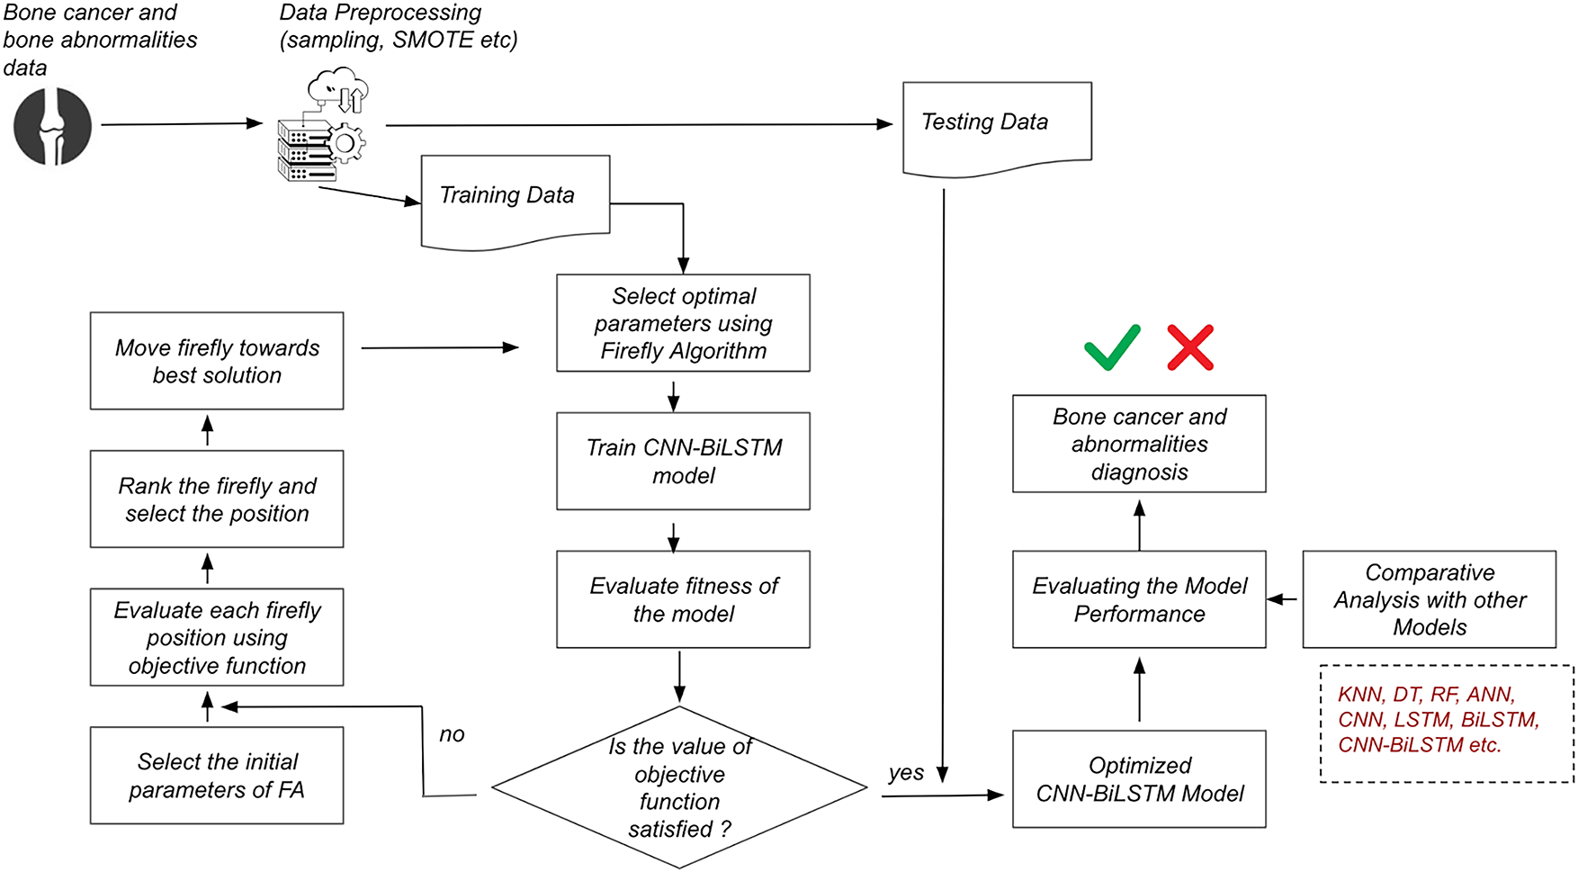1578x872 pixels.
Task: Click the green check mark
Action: (x=1112, y=347)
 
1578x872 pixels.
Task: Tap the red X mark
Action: (x=1190, y=347)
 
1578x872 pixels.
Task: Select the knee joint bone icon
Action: (x=53, y=126)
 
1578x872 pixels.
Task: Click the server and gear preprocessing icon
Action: (x=322, y=126)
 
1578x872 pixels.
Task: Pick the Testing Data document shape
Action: (x=997, y=125)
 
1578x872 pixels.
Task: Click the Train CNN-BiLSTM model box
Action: (x=683, y=461)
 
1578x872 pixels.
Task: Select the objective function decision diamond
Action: (x=680, y=787)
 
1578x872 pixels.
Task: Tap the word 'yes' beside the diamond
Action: (x=905, y=772)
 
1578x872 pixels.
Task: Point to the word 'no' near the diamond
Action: (x=452, y=734)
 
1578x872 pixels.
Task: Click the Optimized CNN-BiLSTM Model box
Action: (x=1139, y=778)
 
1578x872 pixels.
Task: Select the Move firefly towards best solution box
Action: (x=217, y=361)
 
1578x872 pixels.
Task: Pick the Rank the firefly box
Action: (x=217, y=499)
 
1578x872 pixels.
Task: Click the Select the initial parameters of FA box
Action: (x=217, y=775)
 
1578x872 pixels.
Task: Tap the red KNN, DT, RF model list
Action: (x=1438, y=719)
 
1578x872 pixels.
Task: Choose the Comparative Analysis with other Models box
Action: (x=1429, y=599)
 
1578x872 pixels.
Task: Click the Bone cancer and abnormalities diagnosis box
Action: (x=1139, y=444)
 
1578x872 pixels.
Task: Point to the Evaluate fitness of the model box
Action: (x=683, y=599)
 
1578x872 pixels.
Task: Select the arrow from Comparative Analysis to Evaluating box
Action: (x=1283, y=599)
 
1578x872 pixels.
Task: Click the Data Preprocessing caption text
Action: (x=398, y=26)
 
